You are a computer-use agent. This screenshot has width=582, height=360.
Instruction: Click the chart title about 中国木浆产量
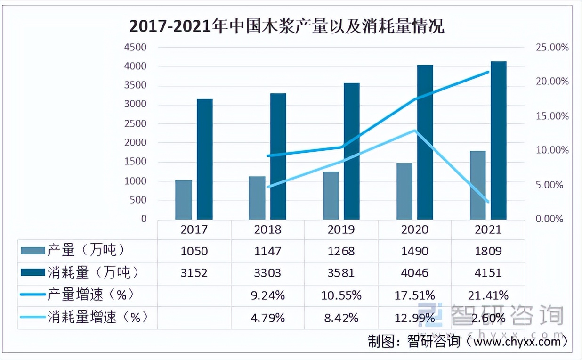pos(286,27)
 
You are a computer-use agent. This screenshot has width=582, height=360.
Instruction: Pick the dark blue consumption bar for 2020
pos(425,142)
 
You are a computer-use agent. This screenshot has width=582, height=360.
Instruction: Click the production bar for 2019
pos(331,196)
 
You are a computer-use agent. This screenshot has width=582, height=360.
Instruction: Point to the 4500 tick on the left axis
pos(135,48)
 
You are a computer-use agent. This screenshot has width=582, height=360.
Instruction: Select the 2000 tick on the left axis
pos(135,143)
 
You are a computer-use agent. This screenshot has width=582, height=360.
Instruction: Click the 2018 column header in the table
pos(267,229)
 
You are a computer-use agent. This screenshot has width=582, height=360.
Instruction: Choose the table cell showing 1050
pos(194,251)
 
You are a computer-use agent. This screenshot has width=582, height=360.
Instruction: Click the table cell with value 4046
pos(415,273)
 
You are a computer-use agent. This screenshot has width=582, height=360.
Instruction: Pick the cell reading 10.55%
pos(341,295)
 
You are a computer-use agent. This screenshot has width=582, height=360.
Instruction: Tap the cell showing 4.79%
pos(267,318)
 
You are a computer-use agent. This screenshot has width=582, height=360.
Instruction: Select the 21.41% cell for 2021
pos(488,295)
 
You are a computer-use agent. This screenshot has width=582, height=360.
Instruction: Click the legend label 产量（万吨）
pos(87,251)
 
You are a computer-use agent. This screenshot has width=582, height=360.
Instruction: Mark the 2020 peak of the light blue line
pos(414,130)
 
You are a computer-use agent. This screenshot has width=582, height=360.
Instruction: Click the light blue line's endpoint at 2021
pos(488,202)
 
